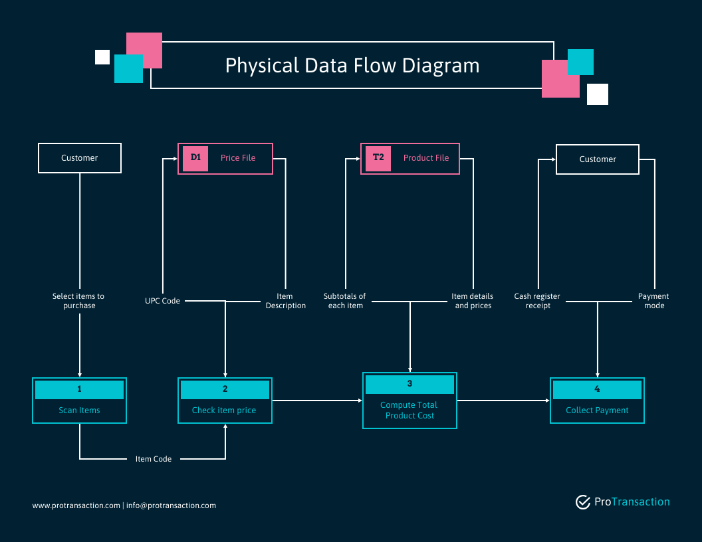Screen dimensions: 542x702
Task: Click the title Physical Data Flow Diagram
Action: pyautogui.click(x=352, y=66)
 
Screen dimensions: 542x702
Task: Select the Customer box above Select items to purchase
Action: pyautogui.click(x=80, y=158)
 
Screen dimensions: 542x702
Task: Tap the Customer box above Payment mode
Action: pyautogui.click(x=597, y=159)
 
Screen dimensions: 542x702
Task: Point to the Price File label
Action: pyautogui.click(x=238, y=158)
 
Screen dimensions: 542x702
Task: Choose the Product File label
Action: pyautogui.click(x=425, y=158)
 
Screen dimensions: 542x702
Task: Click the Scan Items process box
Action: pyautogui.click(x=79, y=401)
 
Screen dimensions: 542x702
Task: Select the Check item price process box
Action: pyautogui.click(x=225, y=401)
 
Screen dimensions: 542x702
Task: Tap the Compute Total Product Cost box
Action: pyautogui.click(x=409, y=401)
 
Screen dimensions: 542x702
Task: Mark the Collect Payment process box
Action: pyautogui.click(x=597, y=401)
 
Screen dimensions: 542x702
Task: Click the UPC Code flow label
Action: pyautogui.click(x=162, y=301)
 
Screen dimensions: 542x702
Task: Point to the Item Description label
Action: pyautogui.click(x=286, y=301)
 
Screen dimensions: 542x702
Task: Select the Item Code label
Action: pyautogui.click(x=154, y=459)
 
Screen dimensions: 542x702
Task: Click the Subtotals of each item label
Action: pyautogui.click(x=345, y=301)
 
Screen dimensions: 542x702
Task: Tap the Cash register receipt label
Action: pyautogui.click(x=537, y=301)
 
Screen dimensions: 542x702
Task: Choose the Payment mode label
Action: pyautogui.click(x=653, y=301)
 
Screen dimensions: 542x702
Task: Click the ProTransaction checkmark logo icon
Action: pyautogui.click(x=583, y=502)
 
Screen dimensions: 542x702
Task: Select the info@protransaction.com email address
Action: pyautogui.click(x=171, y=505)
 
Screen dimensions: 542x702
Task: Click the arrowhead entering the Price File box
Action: pyautogui.click(x=175, y=159)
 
